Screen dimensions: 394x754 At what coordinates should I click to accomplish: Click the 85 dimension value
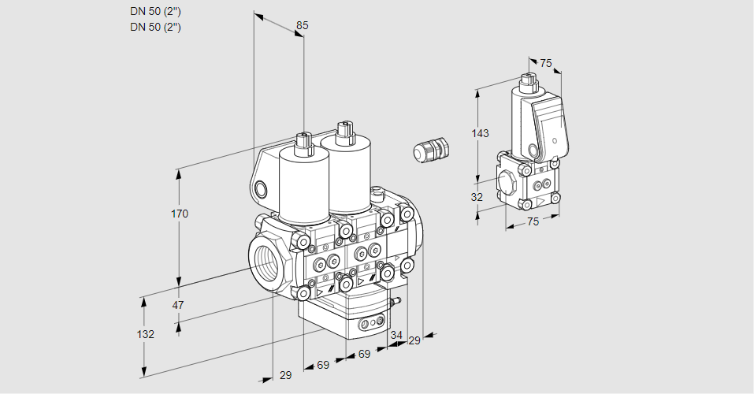(302, 26)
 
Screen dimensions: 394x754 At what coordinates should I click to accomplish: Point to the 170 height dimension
(180, 214)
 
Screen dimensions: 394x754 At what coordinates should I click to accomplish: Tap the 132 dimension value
(145, 334)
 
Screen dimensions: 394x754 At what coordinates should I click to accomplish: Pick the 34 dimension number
(396, 336)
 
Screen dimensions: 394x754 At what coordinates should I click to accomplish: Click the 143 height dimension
(480, 133)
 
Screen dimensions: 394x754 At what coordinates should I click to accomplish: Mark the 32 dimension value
(477, 197)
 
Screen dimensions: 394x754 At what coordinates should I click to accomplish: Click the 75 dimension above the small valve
(546, 63)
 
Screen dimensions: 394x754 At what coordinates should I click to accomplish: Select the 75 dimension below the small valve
(533, 222)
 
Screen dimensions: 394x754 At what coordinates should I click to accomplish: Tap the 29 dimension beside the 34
(414, 340)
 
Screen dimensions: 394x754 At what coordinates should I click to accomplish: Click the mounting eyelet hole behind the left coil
(261, 188)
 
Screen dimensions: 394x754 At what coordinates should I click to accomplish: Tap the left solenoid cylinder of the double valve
(304, 185)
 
